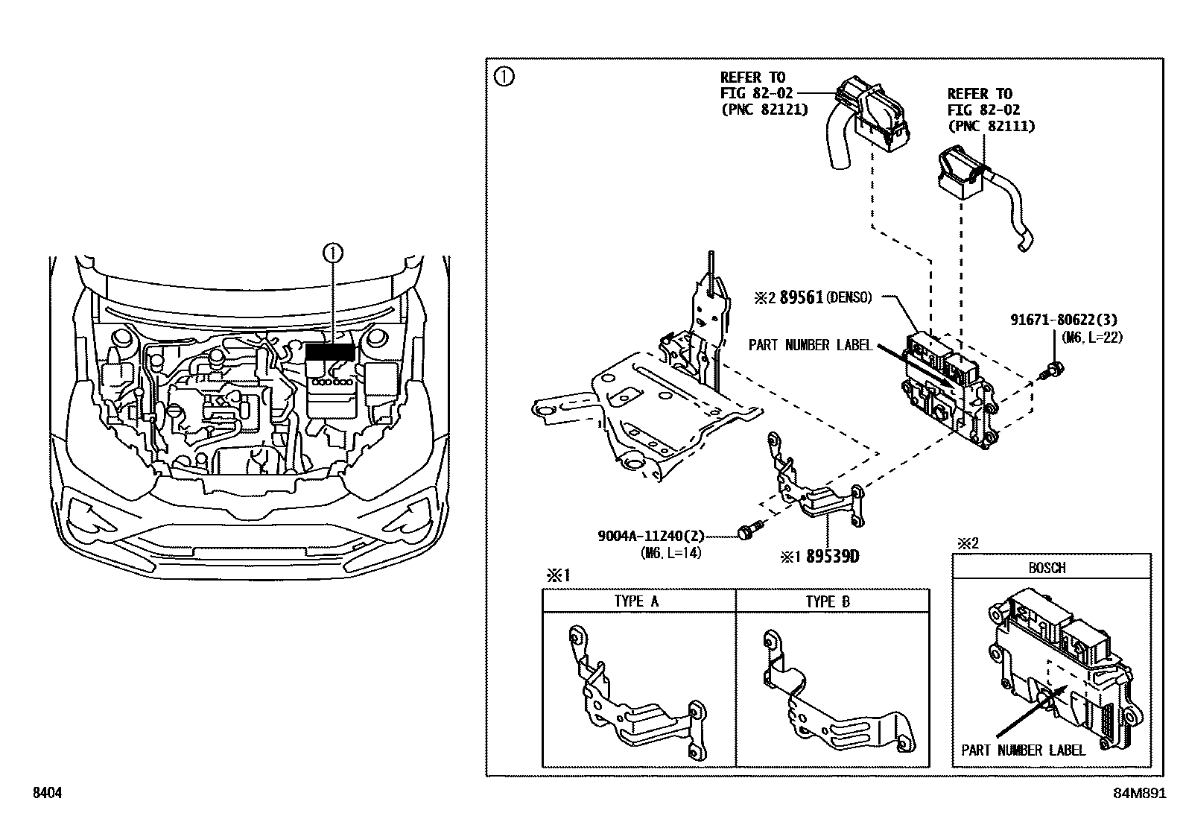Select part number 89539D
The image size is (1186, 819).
pos(832,557)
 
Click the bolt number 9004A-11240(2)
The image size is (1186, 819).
pos(650,536)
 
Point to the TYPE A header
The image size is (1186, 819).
pos(637,601)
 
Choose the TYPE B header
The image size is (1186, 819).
pos(828,601)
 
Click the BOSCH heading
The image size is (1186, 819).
pos(1047,568)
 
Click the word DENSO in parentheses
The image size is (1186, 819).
pos(848,298)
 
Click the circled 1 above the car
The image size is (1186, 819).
pos(332,253)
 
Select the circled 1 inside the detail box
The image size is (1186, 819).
pos(505,77)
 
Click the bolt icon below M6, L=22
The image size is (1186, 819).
pos(1055,367)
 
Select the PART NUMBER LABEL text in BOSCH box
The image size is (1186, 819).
pos(1022,750)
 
